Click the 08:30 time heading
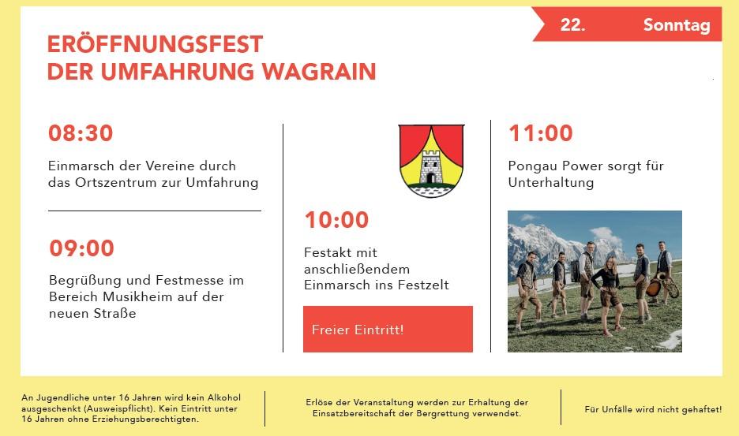click(x=81, y=133)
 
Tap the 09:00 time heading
click(x=81, y=248)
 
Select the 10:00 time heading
click(x=336, y=220)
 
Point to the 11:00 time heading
click(x=541, y=133)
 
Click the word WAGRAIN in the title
click(x=319, y=72)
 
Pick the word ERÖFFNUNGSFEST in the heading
click(x=155, y=44)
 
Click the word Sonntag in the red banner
click(x=677, y=25)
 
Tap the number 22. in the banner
click(x=572, y=24)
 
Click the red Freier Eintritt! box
click(x=388, y=329)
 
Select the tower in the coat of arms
click(x=430, y=166)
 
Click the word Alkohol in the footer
click(x=224, y=398)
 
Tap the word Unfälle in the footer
click(x=617, y=410)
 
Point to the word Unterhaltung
click(x=550, y=183)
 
